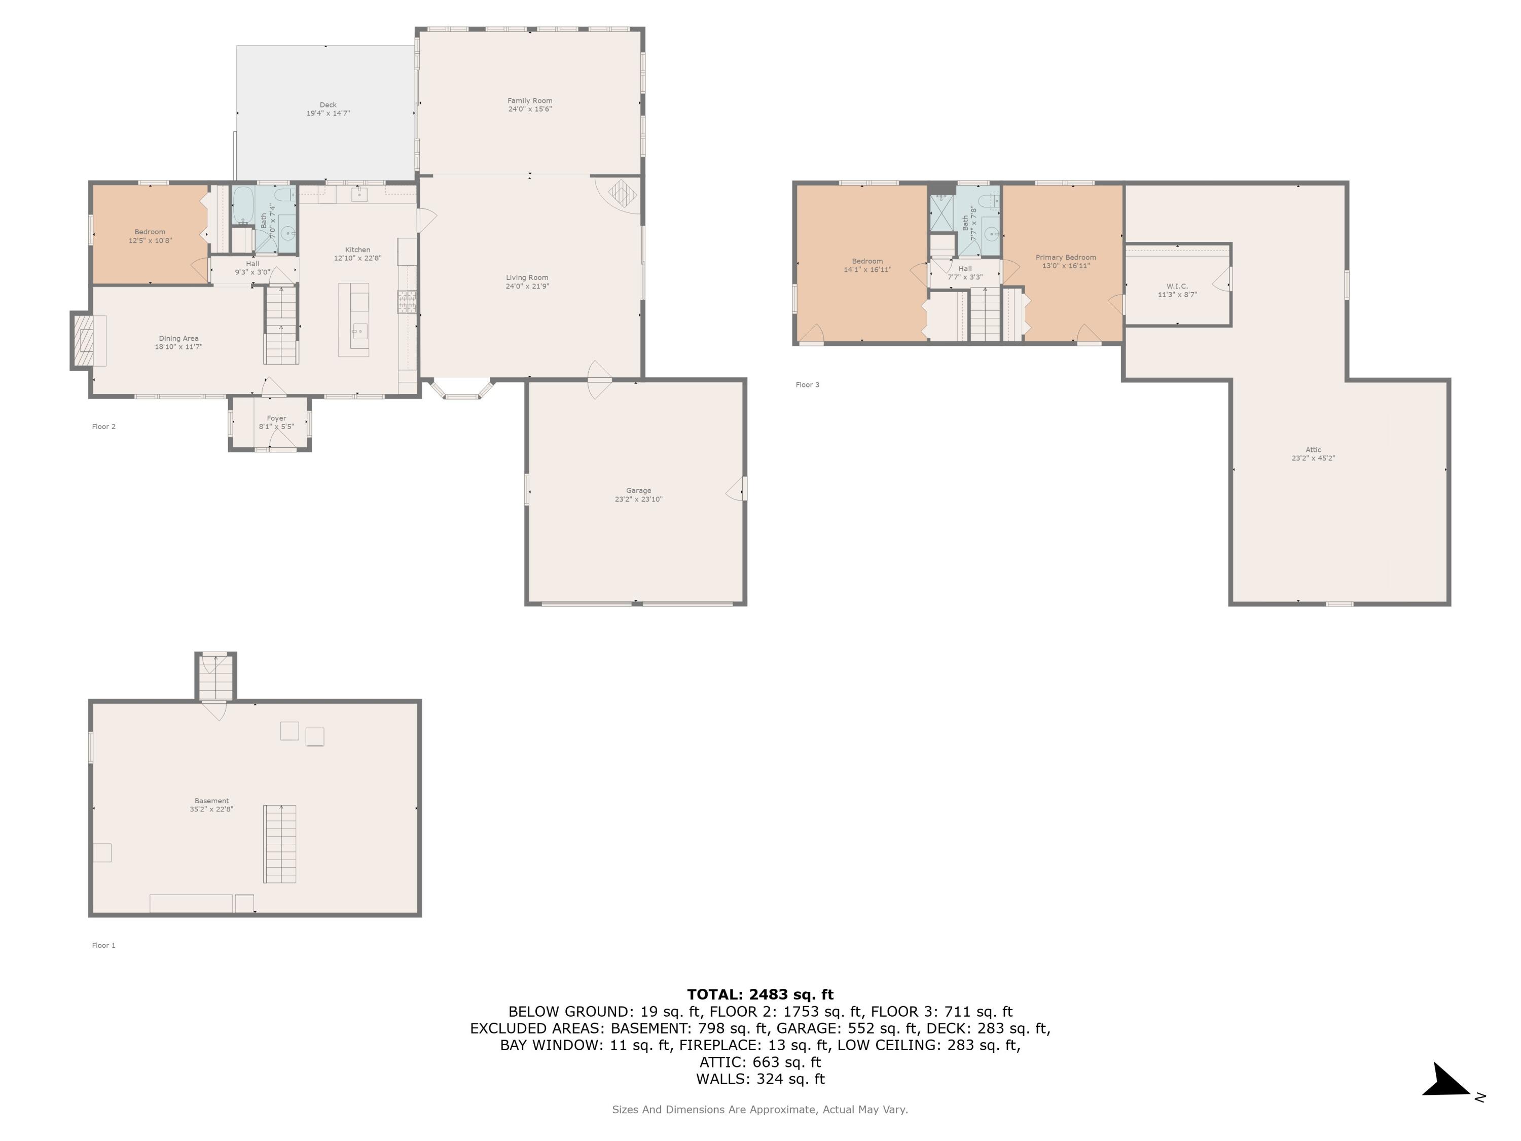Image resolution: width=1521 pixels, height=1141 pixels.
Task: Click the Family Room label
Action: tap(529, 100)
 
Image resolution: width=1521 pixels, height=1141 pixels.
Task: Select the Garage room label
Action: tap(638, 490)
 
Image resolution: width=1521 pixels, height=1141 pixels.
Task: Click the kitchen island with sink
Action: tap(353, 320)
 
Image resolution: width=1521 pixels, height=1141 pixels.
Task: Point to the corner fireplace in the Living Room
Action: tap(622, 194)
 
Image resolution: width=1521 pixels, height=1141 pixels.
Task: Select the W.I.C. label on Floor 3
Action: tap(1177, 286)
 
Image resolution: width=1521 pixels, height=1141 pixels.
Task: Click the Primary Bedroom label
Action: tap(1065, 257)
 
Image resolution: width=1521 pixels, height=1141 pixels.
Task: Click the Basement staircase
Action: tap(280, 844)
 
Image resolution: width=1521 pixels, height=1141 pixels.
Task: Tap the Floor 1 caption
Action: tap(104, 945)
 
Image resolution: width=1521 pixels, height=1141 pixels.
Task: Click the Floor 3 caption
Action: tap(807, 384)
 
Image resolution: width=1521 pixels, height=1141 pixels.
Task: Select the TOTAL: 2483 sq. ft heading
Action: tap(760, 994)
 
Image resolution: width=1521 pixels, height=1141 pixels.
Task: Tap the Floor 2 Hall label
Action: tap(252, 263)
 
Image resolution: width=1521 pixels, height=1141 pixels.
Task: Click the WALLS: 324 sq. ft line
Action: tap(760, 1079)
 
